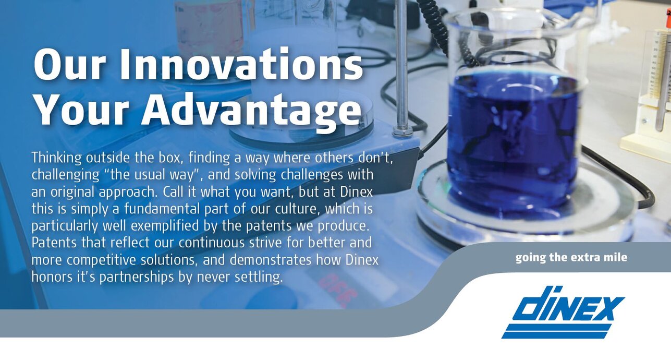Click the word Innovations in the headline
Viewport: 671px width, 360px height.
242,65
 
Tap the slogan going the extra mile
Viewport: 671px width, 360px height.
571,258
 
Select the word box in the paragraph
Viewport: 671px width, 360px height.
170,158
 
